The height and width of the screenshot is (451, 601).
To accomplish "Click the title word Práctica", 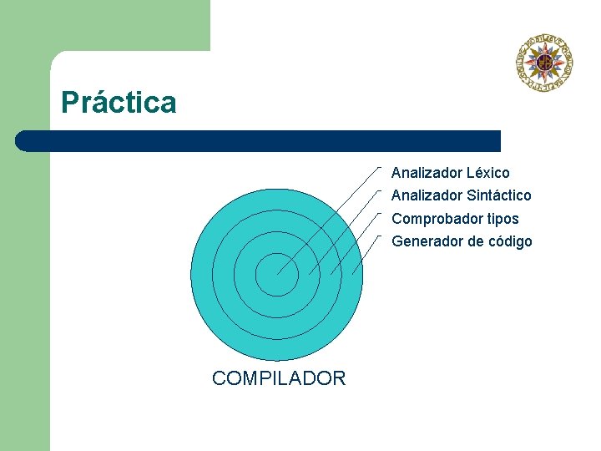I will pos(119,103).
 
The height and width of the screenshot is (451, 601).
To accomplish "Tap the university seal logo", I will pos(545,61).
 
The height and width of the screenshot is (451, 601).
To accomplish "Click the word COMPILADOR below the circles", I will pos(278,378).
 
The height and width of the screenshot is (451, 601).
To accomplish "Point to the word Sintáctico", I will pos(498,195).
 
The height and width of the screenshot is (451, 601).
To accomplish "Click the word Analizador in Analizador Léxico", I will pos(427,173).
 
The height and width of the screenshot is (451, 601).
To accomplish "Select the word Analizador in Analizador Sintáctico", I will pos(427,195).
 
